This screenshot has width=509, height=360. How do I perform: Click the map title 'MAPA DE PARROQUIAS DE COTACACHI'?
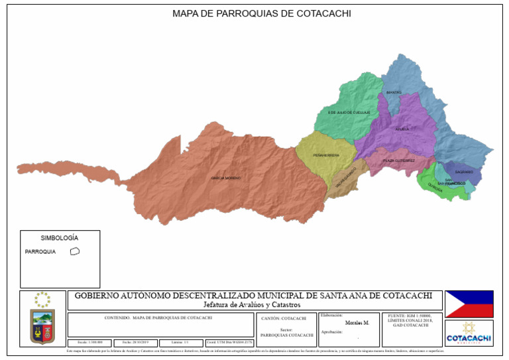click(x=261, y=13)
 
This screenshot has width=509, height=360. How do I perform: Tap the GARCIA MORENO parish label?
click(x=226, y=178)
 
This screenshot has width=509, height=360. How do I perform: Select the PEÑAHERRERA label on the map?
click(x=327, y=155)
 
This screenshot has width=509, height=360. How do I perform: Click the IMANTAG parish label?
click(x=394, y=92)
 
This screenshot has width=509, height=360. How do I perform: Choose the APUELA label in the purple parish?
click(x=402, y=129)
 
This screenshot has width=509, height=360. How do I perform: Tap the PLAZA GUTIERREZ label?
click(x=399, y=160)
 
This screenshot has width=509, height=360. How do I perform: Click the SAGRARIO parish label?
click(x=465, y=172)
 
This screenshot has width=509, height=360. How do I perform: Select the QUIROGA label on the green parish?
click(x=435, y=186)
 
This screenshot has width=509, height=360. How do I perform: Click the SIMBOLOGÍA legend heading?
click(x=60, y=237)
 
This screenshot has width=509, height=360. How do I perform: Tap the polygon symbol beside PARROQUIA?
click(x=75, y=251)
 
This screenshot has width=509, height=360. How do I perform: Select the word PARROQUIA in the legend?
click(x=40, y=252)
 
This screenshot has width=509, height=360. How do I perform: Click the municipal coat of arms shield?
click(x=42, y=326)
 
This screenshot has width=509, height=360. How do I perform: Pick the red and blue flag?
click(x=469, y=304)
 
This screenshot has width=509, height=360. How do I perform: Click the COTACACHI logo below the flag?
click(x=469, y=333)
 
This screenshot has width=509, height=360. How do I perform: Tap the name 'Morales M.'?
click(x=357, y=323)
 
